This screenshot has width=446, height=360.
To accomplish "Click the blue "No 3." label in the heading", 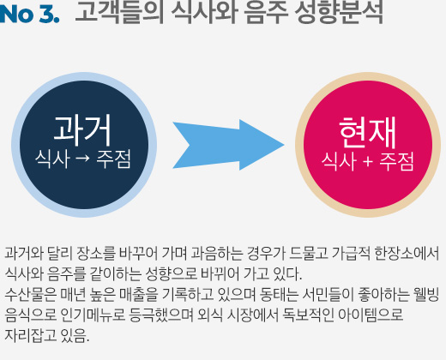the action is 29,14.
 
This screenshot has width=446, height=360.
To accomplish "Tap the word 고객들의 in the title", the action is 119,12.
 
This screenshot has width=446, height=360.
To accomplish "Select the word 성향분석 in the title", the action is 339,13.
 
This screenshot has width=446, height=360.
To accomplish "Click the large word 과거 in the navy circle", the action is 82,130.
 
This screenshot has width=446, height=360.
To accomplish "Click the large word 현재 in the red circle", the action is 368,132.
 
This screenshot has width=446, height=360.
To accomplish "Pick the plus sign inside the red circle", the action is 368,162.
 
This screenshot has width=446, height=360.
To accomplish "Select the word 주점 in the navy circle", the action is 113,159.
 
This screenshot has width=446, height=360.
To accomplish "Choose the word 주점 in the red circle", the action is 396,161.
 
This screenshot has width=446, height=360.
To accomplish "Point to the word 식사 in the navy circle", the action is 52,159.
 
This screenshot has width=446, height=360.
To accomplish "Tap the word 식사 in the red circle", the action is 339,161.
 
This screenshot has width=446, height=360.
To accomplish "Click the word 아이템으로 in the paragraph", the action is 371,315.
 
